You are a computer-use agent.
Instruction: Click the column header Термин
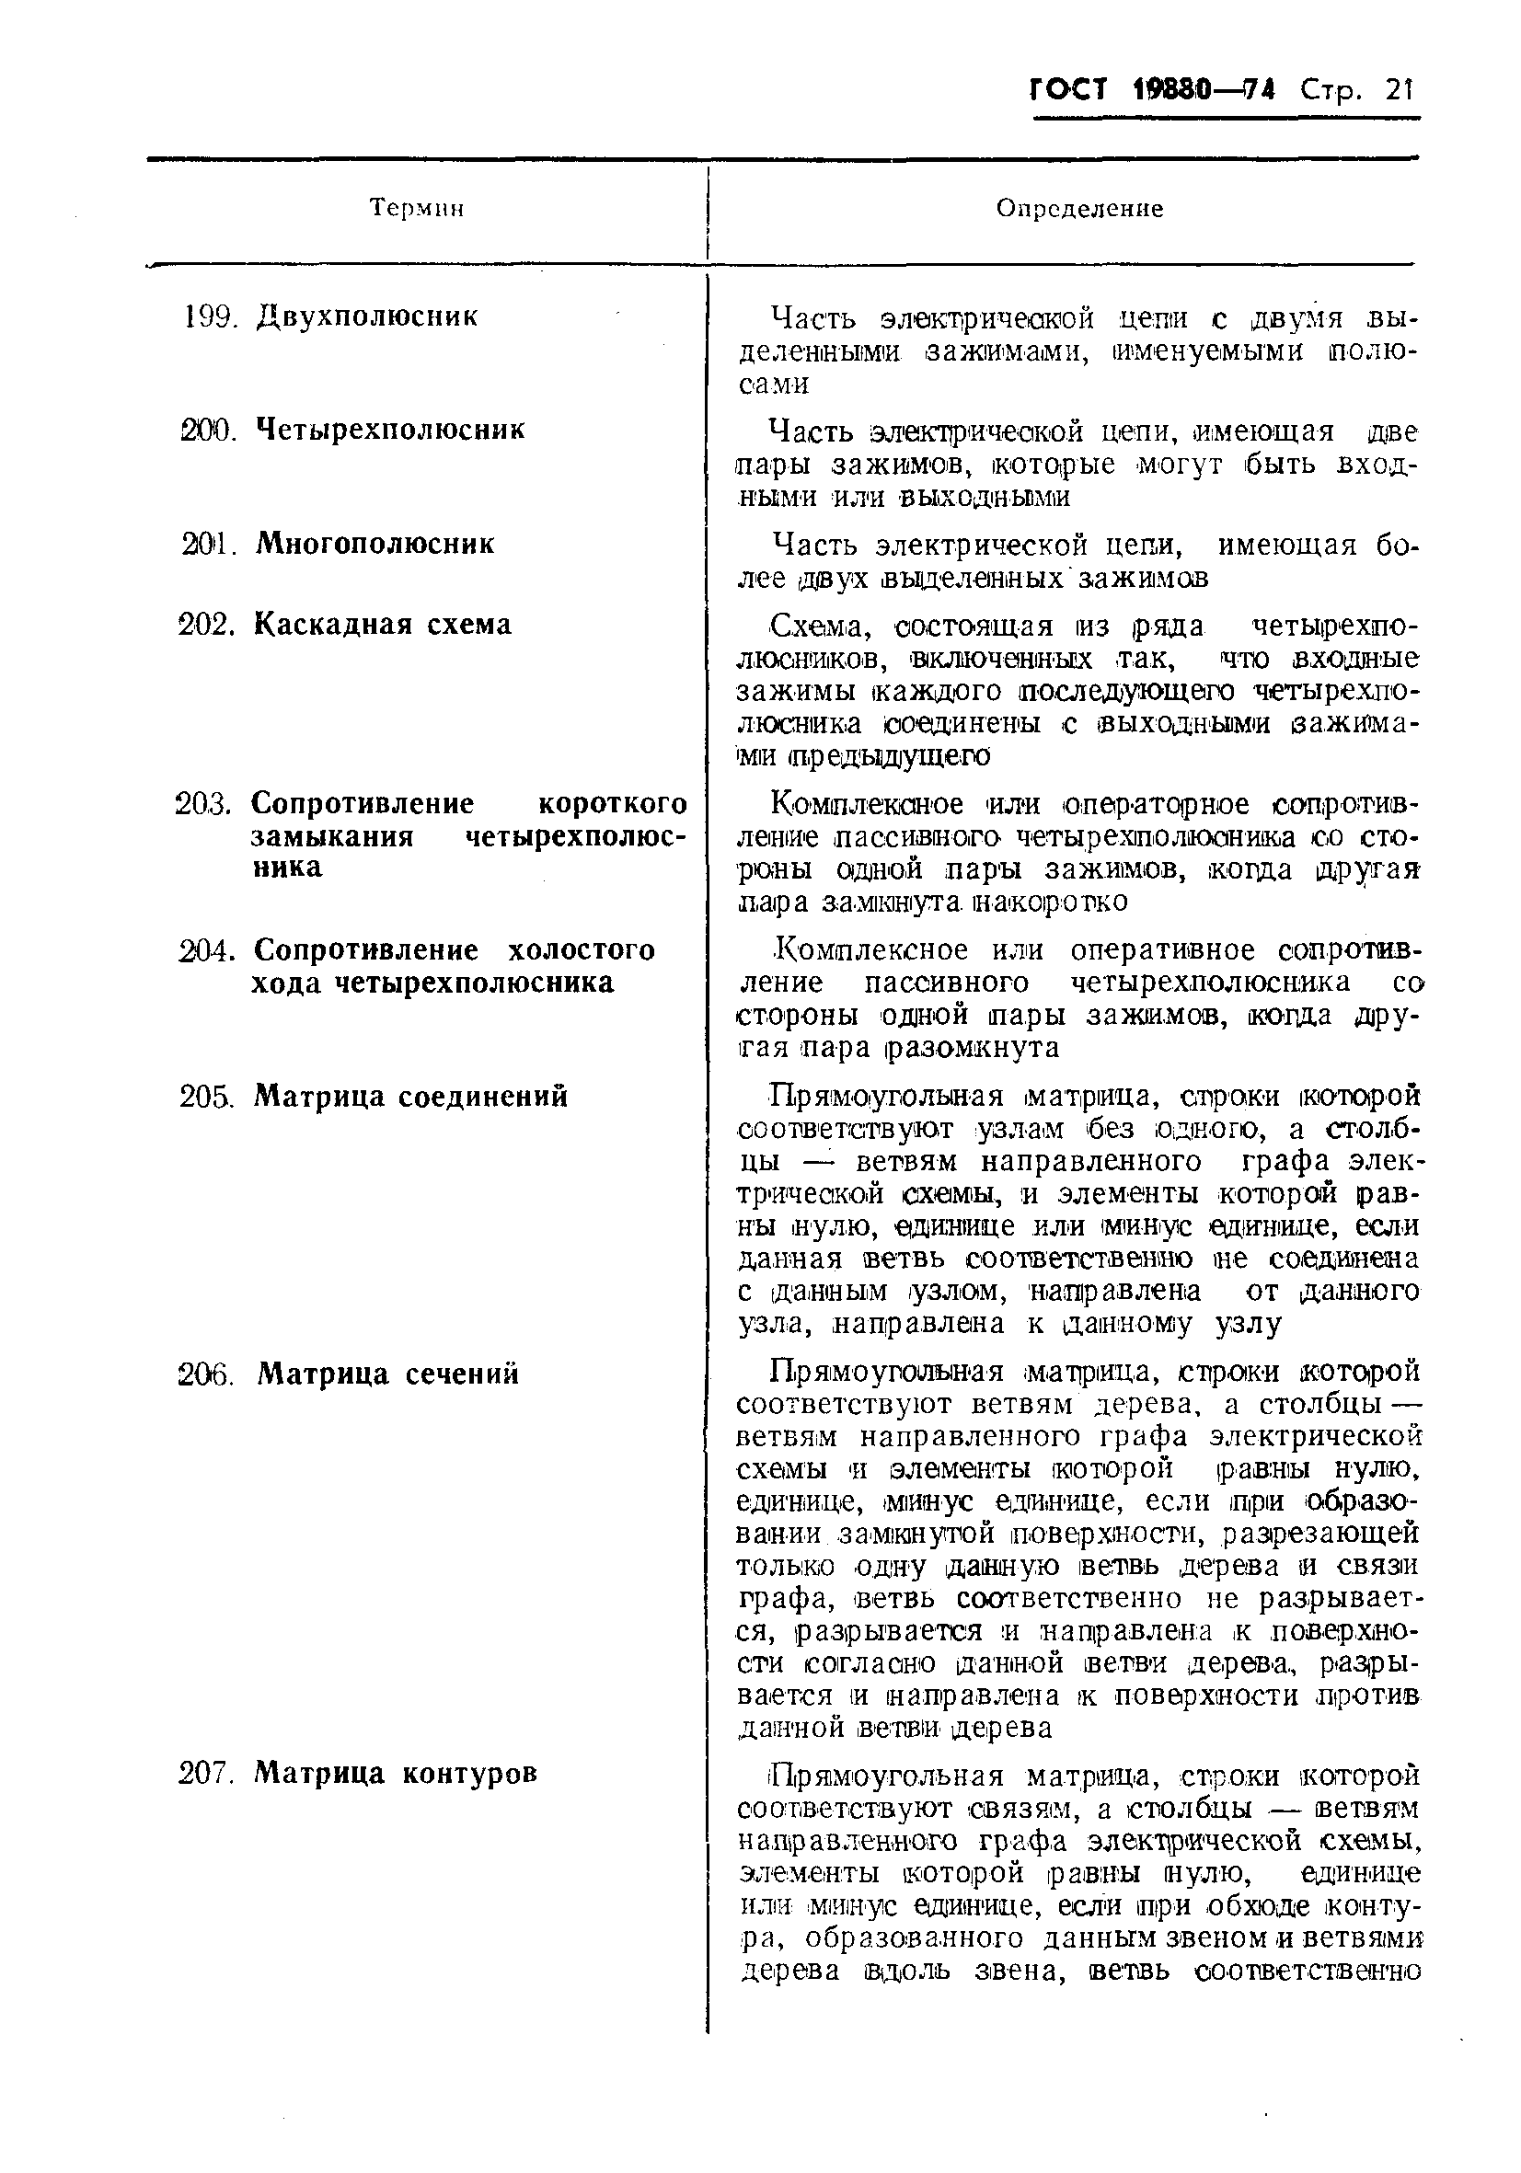click(417, 208)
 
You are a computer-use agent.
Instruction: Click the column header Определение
click(1079, 208)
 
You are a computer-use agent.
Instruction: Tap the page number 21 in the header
click(1397, 91)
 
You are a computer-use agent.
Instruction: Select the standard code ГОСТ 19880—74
click(1152, 91)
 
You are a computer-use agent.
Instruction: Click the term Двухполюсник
click(366, 316)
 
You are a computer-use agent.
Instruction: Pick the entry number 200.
click(207, 431)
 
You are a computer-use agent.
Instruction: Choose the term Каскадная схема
click(383, 625)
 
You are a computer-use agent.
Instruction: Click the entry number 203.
click(202, 804)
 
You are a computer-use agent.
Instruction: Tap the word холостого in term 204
click(582, 950)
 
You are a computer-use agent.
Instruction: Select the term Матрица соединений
click(410, 1097)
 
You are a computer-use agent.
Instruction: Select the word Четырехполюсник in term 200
click(390, 431)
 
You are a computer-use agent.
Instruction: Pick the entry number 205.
click(206, 1097)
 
